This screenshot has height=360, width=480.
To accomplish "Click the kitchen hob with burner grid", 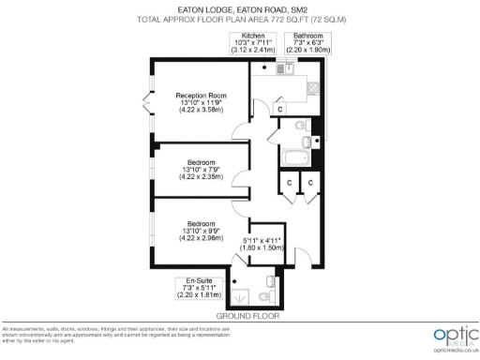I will coord(312,89).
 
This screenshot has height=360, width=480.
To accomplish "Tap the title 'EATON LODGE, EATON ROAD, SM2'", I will coord(239,8).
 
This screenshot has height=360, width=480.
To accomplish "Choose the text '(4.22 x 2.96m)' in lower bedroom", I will coord(202,238).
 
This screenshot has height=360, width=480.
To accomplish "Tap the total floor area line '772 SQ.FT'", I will coord(239,18).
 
